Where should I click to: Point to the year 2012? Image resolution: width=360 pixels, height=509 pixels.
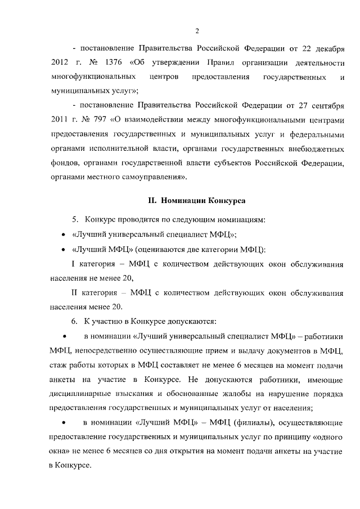tap(60, 61)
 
